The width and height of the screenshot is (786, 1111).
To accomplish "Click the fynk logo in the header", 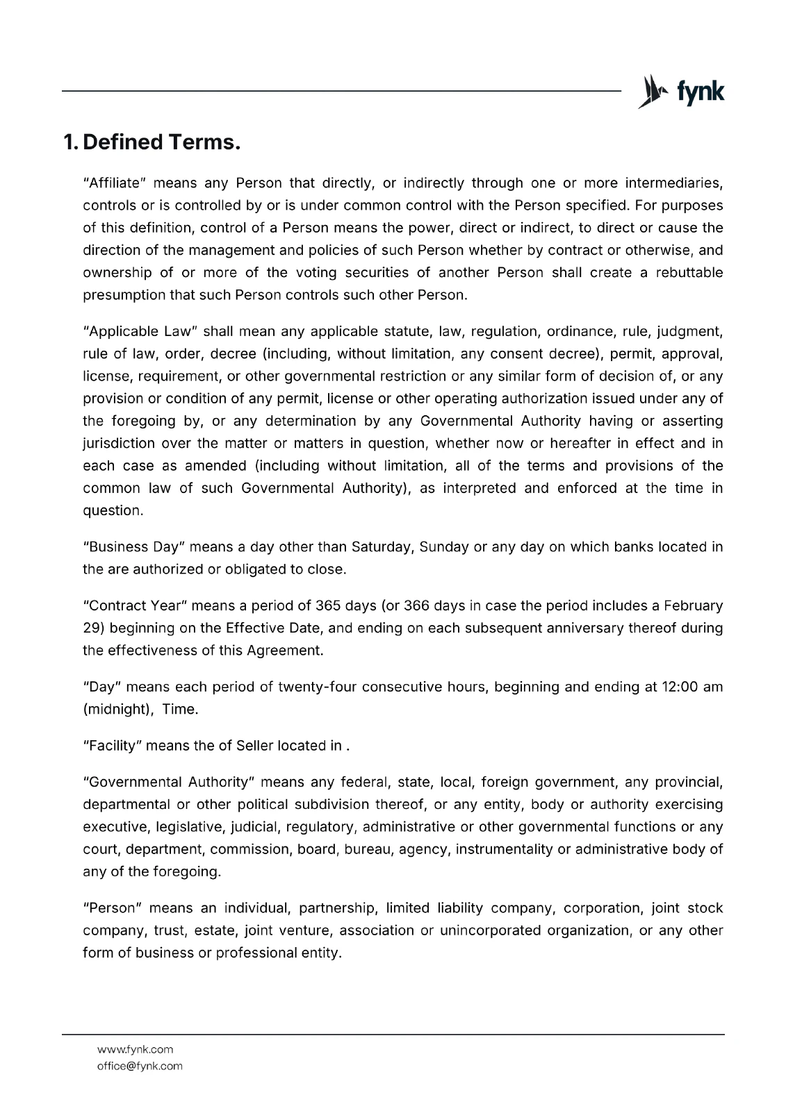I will (681, 92).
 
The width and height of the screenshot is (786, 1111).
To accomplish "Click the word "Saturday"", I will (382, 546).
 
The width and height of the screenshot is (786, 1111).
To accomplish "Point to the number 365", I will (327, 605).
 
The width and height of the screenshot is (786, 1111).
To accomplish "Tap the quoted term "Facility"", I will (112, 746).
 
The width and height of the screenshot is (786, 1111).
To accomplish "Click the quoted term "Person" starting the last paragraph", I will (112, 908).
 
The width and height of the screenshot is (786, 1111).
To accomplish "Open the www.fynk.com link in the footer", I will (135, 1049).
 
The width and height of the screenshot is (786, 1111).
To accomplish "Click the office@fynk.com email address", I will (139, 1066).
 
